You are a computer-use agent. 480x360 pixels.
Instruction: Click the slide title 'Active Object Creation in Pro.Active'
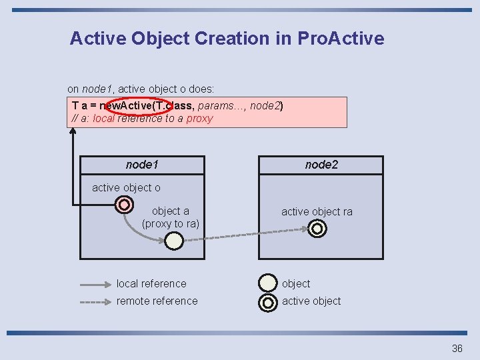point(227,38)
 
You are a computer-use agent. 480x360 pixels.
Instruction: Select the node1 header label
point(142,165)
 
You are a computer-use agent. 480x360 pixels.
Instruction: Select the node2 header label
point(321,165)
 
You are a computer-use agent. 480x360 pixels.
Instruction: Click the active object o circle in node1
point(123,204)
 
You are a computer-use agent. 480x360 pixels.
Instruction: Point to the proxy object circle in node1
point(173,241)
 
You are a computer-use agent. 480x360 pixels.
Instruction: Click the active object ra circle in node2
point(318,229)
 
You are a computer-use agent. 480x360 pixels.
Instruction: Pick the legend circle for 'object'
point(268,283)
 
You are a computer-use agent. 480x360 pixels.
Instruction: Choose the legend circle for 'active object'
point(268,302)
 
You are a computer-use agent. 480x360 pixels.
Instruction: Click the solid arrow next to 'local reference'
point(95,284)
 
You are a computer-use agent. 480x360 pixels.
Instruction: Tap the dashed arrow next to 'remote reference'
point(95,301)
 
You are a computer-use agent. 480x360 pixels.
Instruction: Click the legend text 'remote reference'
point(157,301)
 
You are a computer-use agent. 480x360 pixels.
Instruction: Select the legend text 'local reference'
point(151,283)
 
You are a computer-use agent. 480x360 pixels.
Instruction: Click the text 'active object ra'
point(317,211)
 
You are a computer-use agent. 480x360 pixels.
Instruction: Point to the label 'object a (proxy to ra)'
point(171,217)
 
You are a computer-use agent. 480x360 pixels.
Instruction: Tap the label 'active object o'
point(126,187)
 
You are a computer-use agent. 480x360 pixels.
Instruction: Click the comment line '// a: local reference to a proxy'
point(142,119)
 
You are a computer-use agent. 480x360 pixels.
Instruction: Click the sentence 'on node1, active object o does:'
point(141,88)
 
